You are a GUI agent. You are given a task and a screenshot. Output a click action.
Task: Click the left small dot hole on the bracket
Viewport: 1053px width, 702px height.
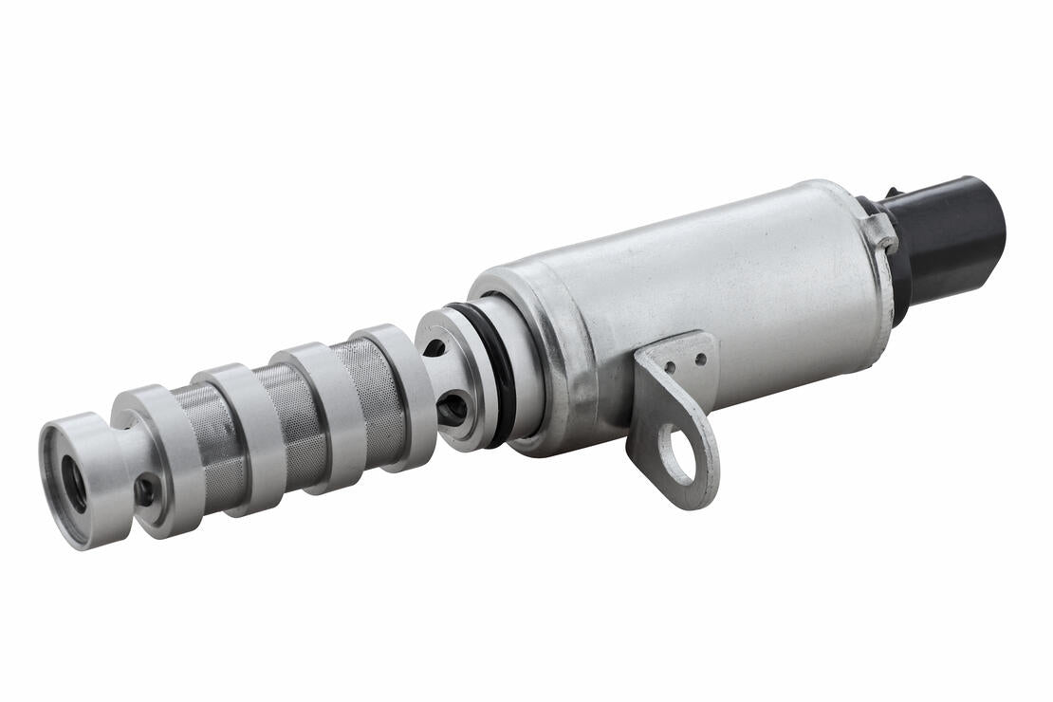click(670, 365)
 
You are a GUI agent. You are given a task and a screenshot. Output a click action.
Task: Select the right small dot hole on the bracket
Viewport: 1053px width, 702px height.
click(700, 360)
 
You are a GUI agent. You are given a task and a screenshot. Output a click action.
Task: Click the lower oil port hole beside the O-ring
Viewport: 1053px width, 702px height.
click(453, 409)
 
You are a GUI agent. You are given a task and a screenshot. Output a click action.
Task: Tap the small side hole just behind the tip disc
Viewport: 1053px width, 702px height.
click(144, 491)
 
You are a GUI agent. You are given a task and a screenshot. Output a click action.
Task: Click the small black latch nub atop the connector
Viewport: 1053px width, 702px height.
click(891, 194)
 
